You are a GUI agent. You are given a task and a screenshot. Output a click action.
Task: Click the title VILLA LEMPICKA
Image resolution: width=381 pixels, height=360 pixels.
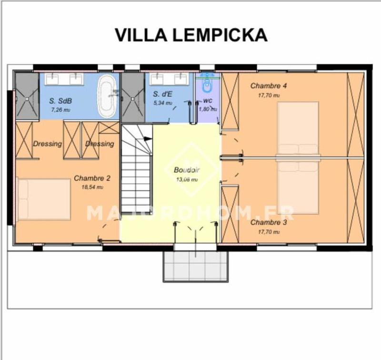click(x=191, y=35)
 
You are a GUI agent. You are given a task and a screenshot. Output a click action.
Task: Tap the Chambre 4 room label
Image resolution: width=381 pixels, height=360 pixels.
click(x=269, y=86)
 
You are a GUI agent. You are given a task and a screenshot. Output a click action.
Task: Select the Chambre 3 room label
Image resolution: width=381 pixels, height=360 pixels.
click(x=269, y=223)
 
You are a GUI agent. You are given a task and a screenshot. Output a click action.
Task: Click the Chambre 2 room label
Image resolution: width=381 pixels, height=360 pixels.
click(x=92, y=178)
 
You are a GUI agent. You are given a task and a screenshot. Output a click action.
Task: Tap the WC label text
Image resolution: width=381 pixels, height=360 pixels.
click(x=208, y=101)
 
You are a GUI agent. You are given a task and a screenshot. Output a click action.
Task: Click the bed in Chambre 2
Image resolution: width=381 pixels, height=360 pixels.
click(x=44, y=199)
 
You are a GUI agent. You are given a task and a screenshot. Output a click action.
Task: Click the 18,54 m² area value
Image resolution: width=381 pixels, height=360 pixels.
click(x=92, y=187)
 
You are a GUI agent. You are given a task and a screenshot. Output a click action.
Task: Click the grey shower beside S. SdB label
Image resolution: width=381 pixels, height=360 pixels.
click(x=27, y=96)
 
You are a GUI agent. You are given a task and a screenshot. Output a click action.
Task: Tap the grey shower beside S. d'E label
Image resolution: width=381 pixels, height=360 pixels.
click(x=133, y=97)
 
